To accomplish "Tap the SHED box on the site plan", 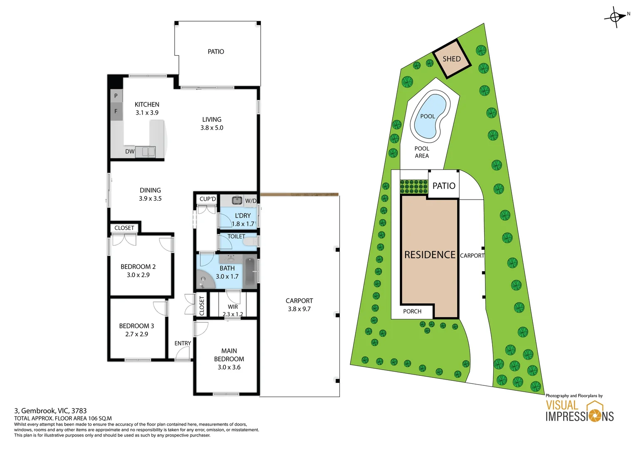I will click(451, 59).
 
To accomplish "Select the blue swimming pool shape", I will click(430, 117).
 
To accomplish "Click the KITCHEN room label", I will click(147, 104).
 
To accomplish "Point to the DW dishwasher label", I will click(130, 152).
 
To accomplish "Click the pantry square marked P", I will click(116, 96).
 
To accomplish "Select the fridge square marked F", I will click(116, 111).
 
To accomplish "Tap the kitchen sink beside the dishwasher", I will click(148, 152).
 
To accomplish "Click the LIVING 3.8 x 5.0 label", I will click(212, 123).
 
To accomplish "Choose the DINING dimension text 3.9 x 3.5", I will click(150, 199).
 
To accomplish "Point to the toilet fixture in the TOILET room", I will click(251, 242).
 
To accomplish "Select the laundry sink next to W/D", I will click(237, 200).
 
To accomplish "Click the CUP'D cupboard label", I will click(208, 199).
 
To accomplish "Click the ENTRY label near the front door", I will click(183, 343).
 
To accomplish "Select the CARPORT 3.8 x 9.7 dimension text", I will click(299, 309).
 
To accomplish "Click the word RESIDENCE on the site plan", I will click(430, 255).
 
